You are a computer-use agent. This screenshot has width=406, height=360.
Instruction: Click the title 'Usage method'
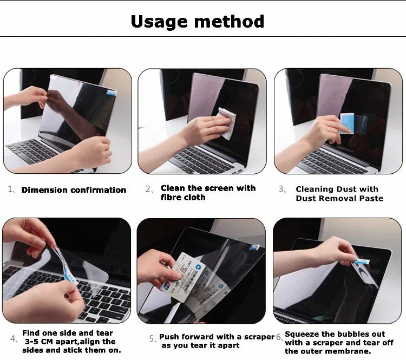198,22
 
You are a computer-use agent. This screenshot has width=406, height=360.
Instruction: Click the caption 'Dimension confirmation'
74,190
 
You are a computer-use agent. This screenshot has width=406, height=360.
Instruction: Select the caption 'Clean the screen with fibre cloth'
208,193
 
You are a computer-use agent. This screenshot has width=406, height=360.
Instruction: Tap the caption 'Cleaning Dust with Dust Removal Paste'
339,194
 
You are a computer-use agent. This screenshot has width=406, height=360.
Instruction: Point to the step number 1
11,190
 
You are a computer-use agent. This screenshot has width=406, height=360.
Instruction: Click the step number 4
14,339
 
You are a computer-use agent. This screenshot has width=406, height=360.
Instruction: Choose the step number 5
152,338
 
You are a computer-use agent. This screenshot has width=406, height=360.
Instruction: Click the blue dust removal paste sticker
346,123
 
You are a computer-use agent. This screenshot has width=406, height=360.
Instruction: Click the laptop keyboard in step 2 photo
206,160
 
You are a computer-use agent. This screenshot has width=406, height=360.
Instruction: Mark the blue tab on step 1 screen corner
111,93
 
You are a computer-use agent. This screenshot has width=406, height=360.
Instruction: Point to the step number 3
281,189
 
